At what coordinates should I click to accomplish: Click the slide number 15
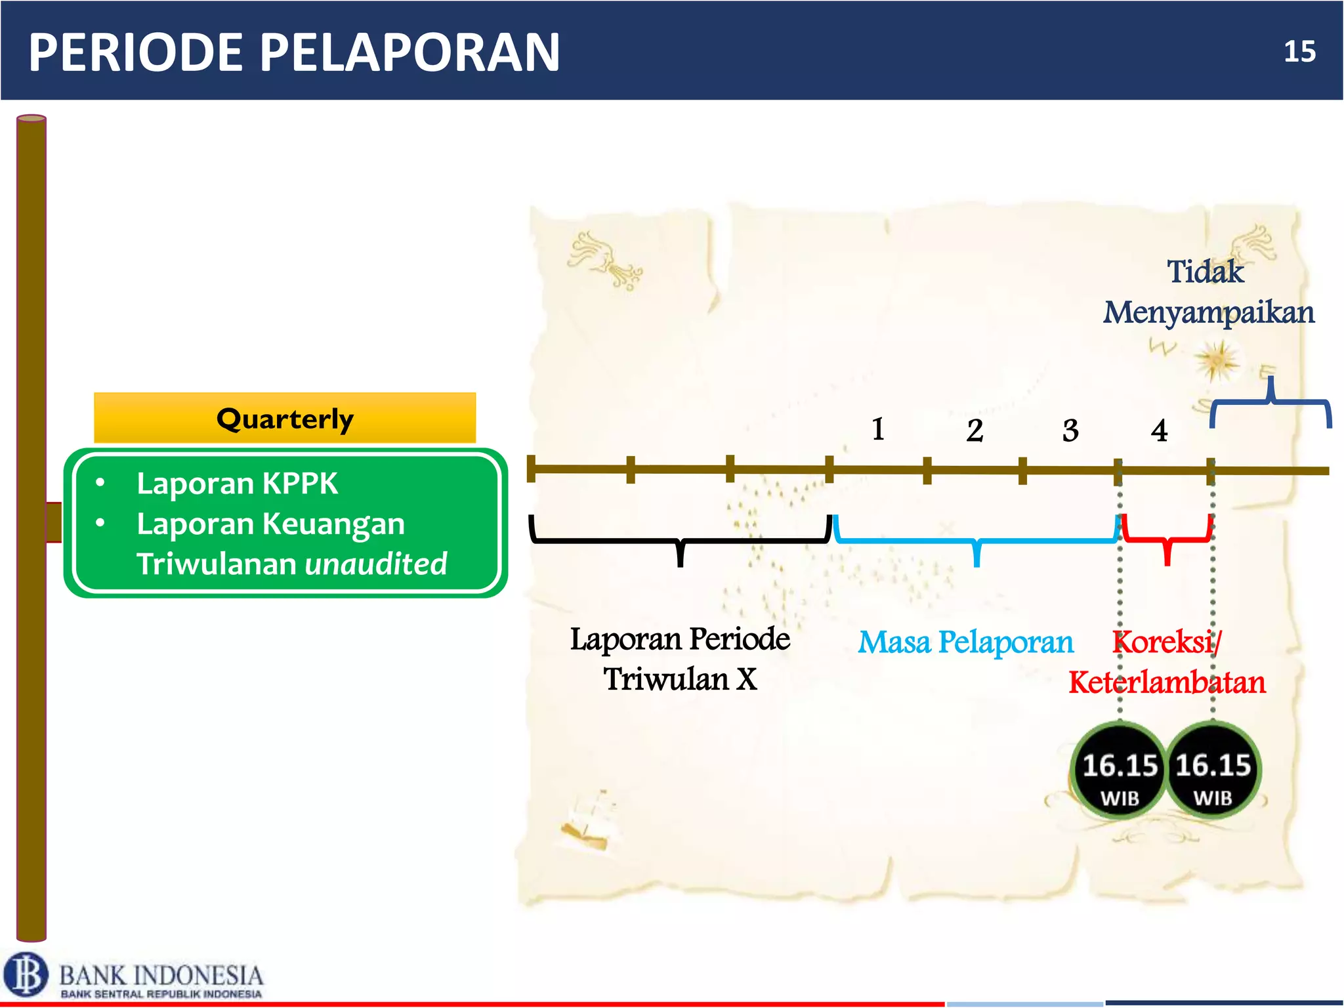click(x=1299, y=52)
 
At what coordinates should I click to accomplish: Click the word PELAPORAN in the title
click(x=410, y=52)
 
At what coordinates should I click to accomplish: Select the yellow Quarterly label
click(x=285, y=419)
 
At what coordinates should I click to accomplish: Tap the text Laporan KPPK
click(x=236, y=484)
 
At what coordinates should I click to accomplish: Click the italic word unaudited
click(x=376, y=564)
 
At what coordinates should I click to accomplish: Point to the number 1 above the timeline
click(x=878, y=429)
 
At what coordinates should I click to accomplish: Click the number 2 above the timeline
click(x=975, y=431)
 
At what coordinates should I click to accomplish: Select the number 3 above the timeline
click(x=1070, y=431)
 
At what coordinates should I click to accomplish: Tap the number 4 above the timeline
click(x=1159, y=431)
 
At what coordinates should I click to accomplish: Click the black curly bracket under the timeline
click(x=681, y=541)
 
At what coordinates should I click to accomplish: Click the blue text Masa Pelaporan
click(x=965, y=642)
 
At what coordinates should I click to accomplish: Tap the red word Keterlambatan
click(x=1166, y=682)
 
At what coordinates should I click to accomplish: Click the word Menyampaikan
click(x=1208, y=312)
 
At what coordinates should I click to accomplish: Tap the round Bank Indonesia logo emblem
click(x=26, y=975)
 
